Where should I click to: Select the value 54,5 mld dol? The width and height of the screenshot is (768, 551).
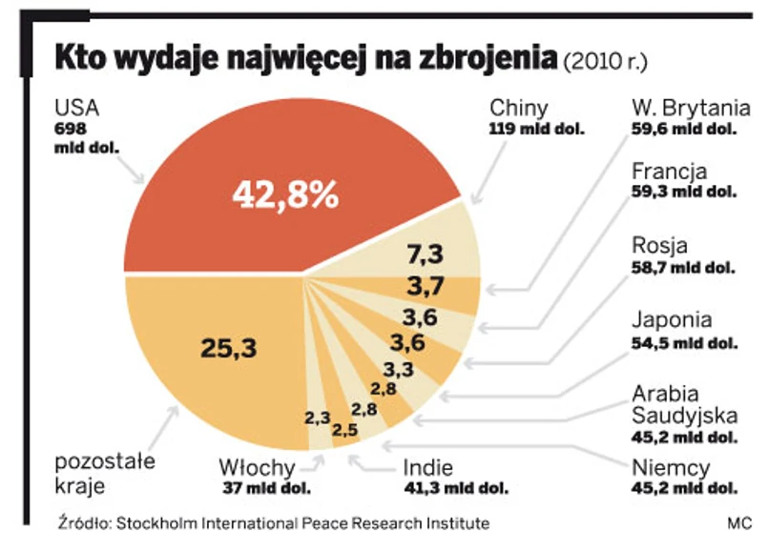coord(684,343)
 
